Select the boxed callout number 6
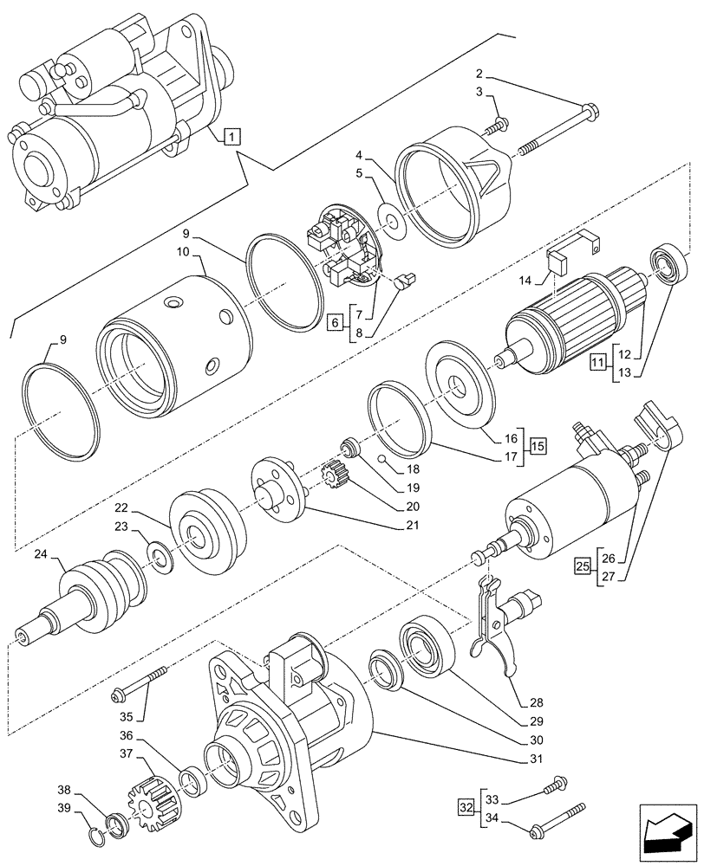336,323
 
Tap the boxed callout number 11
597,362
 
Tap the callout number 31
538,759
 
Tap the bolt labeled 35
139,683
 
